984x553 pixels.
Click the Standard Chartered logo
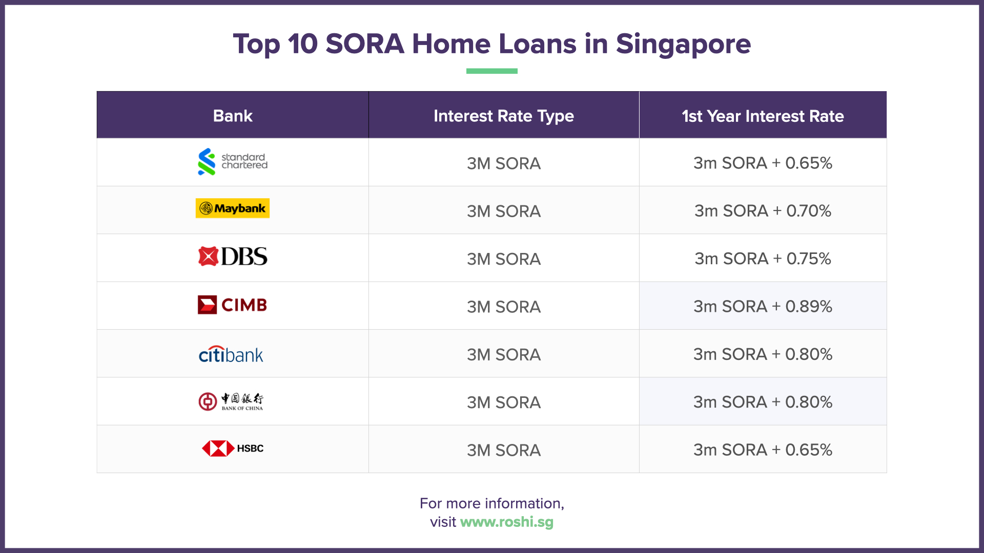point(233,162)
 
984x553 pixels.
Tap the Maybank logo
point(233,208)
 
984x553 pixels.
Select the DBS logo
point(233,257)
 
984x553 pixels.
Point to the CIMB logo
point(233,305)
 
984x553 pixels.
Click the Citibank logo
point(231,354)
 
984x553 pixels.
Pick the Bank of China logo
point(231,402)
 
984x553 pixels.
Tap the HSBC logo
point(233,449)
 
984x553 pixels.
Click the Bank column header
point(233,116)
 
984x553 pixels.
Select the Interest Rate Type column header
point(504,116)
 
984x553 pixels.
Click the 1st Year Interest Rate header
point(763,116)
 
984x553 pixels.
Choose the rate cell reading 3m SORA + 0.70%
point(763,210)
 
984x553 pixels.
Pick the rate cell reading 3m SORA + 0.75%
point(763,259)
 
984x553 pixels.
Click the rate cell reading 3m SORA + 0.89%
point(763,306)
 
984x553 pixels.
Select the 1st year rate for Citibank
point(763,354)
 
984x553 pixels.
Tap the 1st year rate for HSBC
point(763,450)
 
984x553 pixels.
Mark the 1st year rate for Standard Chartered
point(763,163)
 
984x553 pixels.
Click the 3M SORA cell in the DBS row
point(504,259)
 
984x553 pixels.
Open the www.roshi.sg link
point(507,522)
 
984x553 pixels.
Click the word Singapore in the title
point(683,44)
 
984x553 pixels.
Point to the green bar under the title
point(492,71)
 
